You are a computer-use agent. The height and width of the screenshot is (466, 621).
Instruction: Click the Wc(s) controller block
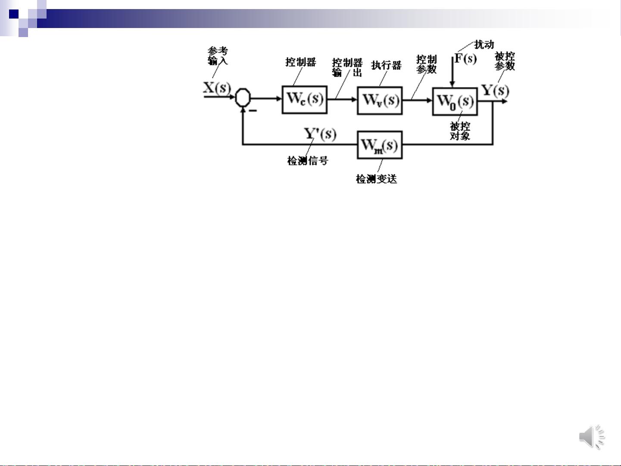click(305, 100)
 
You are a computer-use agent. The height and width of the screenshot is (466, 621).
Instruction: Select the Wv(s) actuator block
click(380, 100)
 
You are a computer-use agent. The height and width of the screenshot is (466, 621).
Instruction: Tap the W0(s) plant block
click(455, 102)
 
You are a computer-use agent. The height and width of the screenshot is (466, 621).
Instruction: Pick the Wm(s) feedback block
click(380, 145)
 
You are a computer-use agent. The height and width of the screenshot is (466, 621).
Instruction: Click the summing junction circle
click(243, 97)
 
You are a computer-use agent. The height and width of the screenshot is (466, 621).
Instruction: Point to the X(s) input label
click(216, 88)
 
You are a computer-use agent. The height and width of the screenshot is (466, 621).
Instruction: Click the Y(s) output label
click(495, 91)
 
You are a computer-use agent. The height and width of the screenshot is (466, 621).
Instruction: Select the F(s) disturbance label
click(465, 58)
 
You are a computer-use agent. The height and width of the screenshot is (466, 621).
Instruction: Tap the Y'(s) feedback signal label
click(320, 134)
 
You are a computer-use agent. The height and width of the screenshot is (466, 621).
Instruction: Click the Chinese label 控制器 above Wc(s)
click(301, 62)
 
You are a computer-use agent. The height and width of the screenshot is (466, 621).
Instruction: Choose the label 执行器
click(386, 65)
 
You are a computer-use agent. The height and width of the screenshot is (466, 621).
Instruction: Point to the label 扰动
click(484, 44)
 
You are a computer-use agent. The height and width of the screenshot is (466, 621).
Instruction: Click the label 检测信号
click(308, 161)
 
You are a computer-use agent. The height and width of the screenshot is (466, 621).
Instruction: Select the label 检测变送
click(376, 179)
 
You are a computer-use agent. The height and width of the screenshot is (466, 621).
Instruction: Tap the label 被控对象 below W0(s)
click(460, 131)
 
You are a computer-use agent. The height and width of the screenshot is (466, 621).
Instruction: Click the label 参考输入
click(218, 56)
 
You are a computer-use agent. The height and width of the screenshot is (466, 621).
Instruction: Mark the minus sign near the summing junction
click(253, 111)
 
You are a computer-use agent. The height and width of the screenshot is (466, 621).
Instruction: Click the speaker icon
click(591, 437)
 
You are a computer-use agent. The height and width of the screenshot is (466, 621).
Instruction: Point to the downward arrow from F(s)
click(452, 73)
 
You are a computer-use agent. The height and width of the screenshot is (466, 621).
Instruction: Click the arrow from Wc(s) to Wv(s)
click(342, 100)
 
